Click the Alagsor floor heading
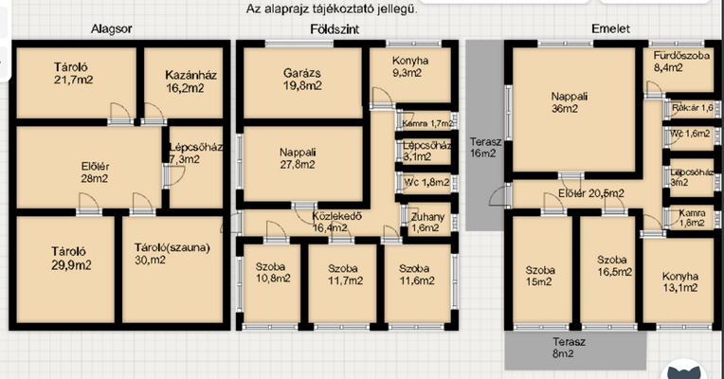point(111,29)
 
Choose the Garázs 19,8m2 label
point(302,80)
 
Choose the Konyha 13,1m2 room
point(680,281)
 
